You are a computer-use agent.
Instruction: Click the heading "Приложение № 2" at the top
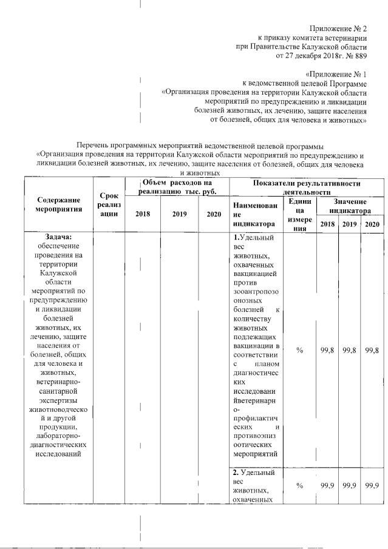(x=338, y=29)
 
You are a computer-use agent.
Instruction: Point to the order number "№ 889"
(x=355, y=56)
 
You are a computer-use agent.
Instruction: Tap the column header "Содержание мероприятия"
(x=58, y=204)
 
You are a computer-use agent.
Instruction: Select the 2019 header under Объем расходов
(x=180, y=214)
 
